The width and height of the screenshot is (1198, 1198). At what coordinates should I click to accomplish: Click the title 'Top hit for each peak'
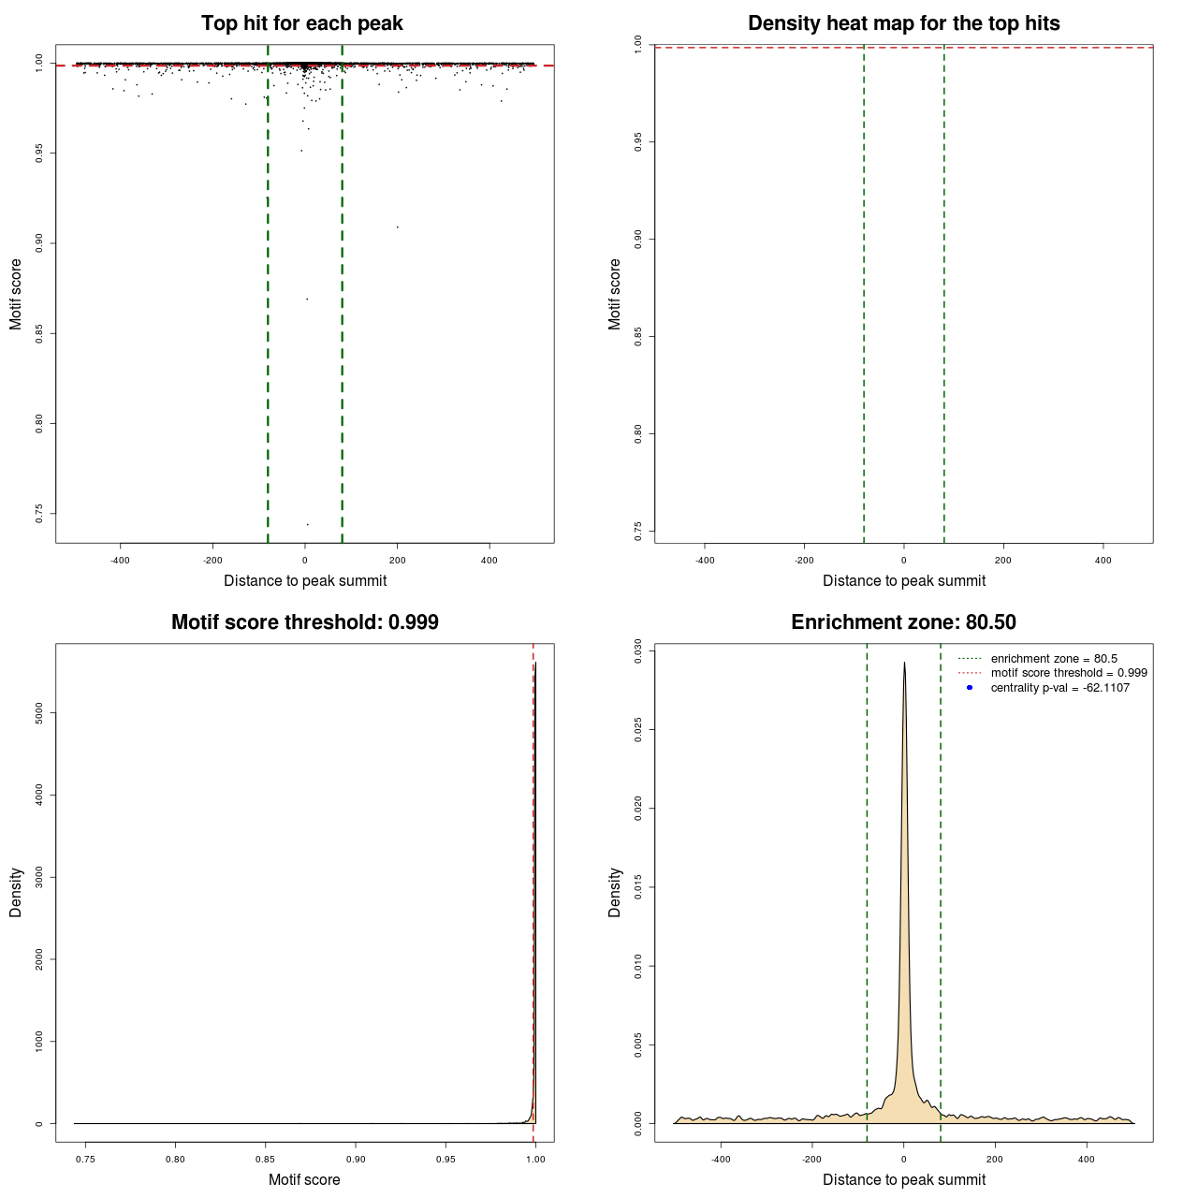pos(301,23)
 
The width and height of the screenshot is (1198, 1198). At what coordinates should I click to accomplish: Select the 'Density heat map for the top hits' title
pos(903,23)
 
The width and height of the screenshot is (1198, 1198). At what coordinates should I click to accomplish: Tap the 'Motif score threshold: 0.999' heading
pos(304,622)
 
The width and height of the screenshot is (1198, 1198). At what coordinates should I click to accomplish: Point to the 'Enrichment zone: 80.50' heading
pos(903,622)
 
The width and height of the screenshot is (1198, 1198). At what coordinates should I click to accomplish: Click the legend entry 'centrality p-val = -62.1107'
pos(1059,688)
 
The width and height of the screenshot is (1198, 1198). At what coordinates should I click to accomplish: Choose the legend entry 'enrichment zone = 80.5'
pos(1054,659)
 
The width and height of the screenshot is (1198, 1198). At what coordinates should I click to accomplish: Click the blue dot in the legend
pos(970,688)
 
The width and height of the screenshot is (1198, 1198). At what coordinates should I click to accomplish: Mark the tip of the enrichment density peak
pos(904,663)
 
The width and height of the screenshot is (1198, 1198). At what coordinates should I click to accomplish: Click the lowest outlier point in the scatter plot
pos(307,524)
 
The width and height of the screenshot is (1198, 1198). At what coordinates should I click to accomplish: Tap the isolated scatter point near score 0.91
pos(398,226)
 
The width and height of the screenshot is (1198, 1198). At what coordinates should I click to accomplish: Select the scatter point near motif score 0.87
pos(307,299)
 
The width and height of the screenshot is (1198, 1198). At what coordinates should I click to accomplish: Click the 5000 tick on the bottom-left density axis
pos(39,713)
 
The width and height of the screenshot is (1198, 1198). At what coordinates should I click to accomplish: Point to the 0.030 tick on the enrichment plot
pos(638,650)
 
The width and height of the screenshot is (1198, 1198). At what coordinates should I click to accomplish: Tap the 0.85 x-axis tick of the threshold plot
pos(266,1160)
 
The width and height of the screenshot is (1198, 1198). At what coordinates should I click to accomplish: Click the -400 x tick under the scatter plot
pos(120,561)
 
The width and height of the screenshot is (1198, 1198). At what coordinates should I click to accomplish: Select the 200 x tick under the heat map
pos(1003,561)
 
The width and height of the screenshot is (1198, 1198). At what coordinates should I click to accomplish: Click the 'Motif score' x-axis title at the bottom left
pos(304,1179)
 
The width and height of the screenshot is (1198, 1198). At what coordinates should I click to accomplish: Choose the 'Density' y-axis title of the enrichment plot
pos(615,892)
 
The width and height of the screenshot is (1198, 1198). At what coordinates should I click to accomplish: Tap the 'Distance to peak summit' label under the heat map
pos(903,580)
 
